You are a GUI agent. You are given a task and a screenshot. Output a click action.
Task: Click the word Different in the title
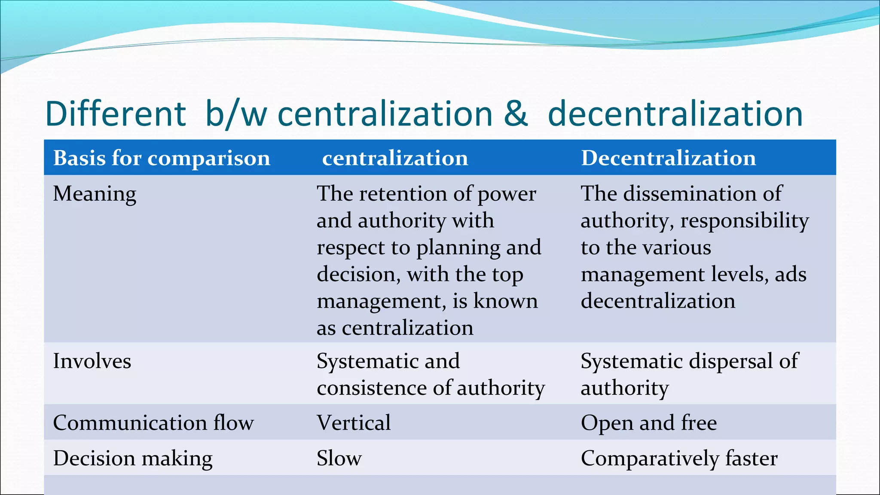click(x=116, y=114)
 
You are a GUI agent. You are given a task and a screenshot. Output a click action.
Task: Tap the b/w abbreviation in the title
click(x=236, y=114)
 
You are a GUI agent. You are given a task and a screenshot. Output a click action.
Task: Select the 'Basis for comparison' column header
click(x=162, y=158)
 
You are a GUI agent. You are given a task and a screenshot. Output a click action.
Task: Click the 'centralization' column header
click(x=395, y=158)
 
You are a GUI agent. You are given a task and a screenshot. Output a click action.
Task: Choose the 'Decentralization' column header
click(x=668, y=158)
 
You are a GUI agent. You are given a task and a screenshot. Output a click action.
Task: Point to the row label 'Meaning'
click(x=95, y=194)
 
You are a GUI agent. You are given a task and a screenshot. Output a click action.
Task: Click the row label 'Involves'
click(x=92, y=361)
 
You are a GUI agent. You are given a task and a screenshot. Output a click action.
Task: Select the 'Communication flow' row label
click(x=153, y=423)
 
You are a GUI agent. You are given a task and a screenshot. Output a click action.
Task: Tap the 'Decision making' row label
click(x=133, y=458)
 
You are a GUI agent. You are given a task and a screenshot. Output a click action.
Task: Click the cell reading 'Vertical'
click(x=354, y=423)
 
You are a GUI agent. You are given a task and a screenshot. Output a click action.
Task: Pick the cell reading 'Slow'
click(x=339, y=458)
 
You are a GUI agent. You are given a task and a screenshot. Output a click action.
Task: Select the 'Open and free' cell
click(x=649, y=423)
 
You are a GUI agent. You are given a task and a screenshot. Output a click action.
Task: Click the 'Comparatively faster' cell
click(x=679, y=458)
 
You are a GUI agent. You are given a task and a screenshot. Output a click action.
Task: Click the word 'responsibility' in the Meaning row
click(x=745, y=221)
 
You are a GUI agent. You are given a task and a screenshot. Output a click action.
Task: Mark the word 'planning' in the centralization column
click(x=458, y=248)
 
